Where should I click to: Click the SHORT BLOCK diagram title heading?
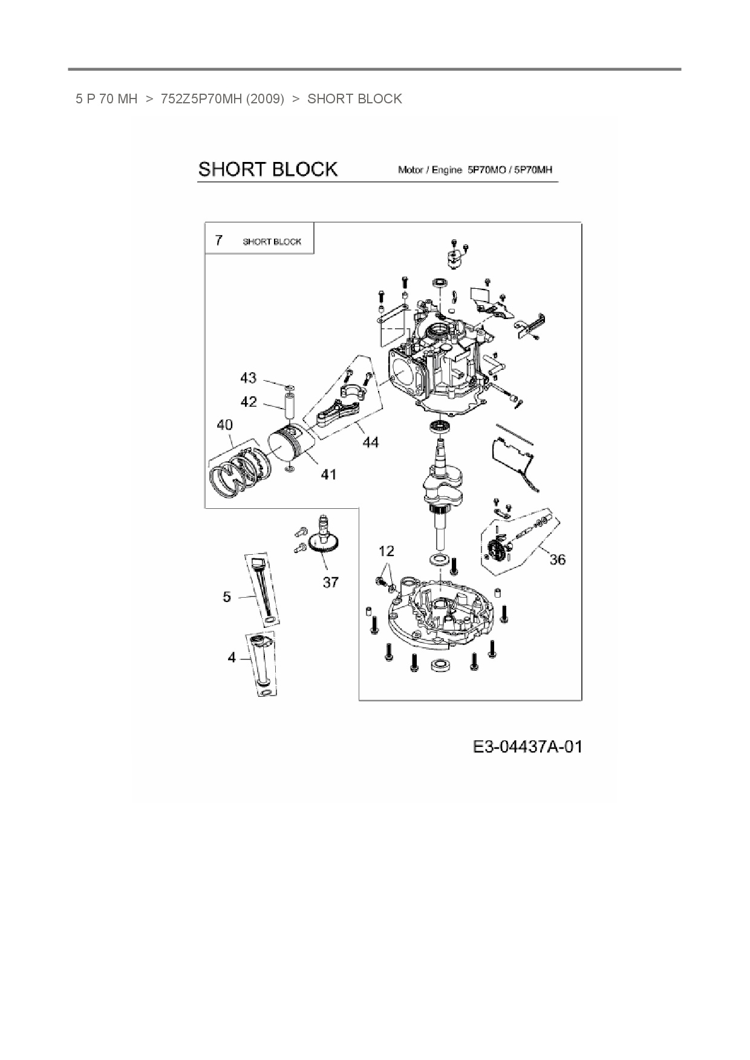point(267,169)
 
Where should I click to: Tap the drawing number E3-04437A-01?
point(527,747)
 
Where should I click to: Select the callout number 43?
point(248,378)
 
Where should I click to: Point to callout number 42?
point(249,402)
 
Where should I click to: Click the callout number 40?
point(224,425)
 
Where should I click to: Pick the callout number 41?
point(328,474)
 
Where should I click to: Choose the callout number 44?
point(370,442)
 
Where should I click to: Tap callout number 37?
point(330,582)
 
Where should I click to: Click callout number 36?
point(557,560)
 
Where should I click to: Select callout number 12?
point(386,551)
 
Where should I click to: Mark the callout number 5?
point(227,597)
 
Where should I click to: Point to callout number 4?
point(232,658)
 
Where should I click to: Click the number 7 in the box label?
point(218,241)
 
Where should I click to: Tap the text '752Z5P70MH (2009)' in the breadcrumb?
point(222,99)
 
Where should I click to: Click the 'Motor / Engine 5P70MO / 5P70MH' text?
point(475,170)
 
